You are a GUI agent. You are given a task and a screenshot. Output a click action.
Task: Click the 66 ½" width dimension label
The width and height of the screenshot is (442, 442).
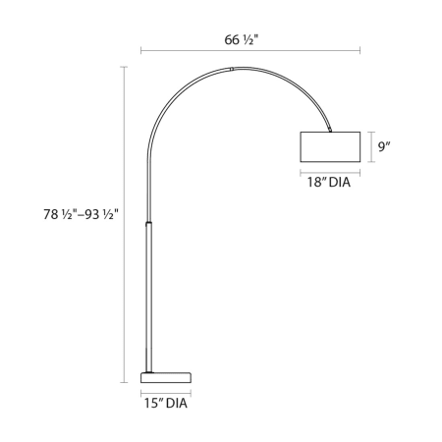(x=242, y=40)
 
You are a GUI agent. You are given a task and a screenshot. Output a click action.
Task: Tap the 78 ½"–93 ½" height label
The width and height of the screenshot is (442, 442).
(x=81, y=214)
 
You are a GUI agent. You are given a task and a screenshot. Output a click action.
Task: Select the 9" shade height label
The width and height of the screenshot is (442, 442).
(x=385, y=146)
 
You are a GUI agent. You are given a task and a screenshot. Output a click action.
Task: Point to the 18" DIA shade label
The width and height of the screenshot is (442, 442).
(x=329, y=183)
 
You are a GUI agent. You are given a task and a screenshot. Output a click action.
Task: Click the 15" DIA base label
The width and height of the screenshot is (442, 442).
(x=166, y=403)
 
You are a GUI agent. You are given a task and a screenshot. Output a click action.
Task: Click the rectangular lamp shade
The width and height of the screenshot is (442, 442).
(x=330, y=146)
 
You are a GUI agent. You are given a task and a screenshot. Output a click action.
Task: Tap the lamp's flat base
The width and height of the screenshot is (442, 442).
(x=166, y=377)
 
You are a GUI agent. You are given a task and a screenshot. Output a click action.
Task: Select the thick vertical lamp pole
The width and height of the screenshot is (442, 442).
(x=148, y=298)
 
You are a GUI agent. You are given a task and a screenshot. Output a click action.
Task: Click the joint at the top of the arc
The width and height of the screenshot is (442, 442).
(x=232, y=69)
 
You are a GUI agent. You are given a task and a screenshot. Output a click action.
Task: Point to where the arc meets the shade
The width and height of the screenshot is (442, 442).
(x=330, y=131)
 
